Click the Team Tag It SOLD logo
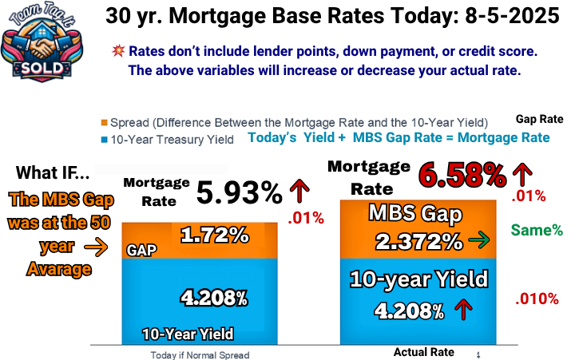click(42, 42)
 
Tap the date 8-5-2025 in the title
click(512, 16)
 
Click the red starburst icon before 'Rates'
click(118, 50)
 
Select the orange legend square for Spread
click(104, 122)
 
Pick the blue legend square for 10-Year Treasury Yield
click(104, 140)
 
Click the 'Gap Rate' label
click(540, 119)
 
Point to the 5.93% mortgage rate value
click(240, 192)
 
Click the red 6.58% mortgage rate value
click(462, 175)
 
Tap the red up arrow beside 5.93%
click(299, 191)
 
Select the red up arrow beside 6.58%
click(522, 174)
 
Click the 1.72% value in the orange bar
click(215, 235)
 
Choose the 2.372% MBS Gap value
click(418, 242)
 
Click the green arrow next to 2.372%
click(479, 240)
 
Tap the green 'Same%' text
click(537, 231)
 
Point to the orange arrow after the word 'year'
click(96, 247)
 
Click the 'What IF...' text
click(53, 172)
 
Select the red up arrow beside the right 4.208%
click(464, 309)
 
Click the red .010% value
click(537, 299)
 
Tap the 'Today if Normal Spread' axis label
click(200, 355)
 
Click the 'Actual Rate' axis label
click(424, 352)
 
